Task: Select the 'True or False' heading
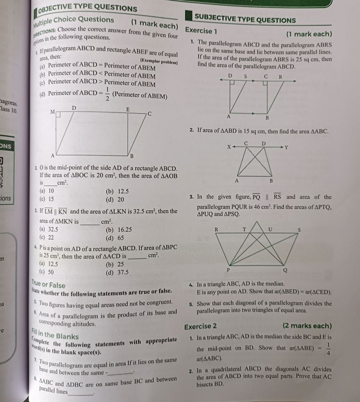[48, 284]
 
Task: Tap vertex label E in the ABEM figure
[127, 110]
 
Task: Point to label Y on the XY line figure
[286, 148]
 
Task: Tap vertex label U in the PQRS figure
[270, 230]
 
